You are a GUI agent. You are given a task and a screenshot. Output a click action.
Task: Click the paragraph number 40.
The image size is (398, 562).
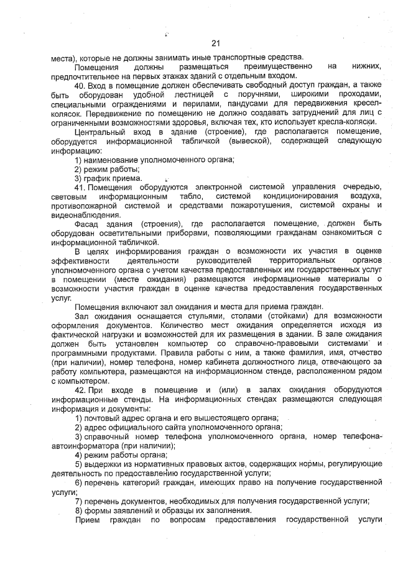[80, 85]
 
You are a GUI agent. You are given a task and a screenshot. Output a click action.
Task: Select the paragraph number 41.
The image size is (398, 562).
[80, 187]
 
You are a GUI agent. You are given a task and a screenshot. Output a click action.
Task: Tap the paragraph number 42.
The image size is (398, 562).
[80, 389]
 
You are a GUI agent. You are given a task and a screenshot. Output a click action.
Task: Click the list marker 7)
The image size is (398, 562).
[78, 501]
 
